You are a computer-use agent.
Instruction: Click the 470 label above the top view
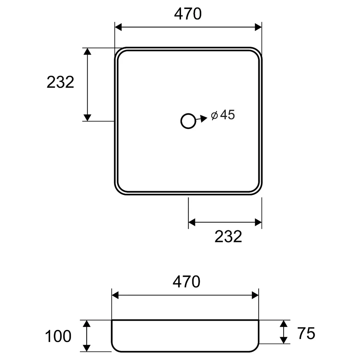(x=188, y=14)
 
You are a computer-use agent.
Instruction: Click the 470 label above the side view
(x=186, y=282)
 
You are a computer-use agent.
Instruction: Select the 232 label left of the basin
(x=60, y=82)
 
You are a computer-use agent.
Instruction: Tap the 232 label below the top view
(x=228, y=236)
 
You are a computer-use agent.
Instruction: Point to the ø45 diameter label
(x=223, y=115)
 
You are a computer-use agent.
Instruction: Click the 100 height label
(x=58, y=336)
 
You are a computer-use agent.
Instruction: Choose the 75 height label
(x=306, y=333)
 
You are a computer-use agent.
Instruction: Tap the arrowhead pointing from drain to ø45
(x=204, y=118)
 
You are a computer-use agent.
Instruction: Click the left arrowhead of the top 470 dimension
(x=118, y=27)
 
